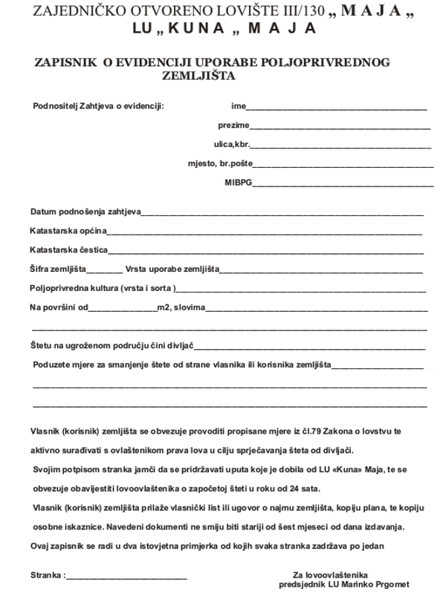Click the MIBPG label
click(x=239, y=182)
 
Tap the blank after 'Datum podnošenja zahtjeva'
click(x=282, y=213)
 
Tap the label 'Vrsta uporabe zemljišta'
click(x=172, y=269)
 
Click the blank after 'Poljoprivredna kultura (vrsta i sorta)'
click(x=301, y=288)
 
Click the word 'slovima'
click(x=190, y=307)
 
